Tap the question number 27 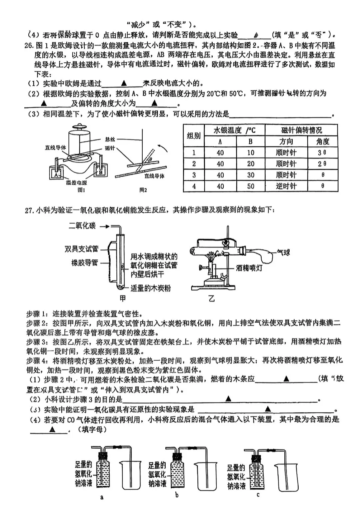pyautogui.click(x=29, y=210)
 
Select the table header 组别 pyautogui.click(x=194, y=135)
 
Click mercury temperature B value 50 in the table pyautogui.click(x=251, y=186)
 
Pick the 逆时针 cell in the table pyautogui.click(x=286, y=186)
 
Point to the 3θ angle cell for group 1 pyautogui.click(x=322, y=153)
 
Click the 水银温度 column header pyautogui.click(x=234, y=130)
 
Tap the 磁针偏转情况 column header pyautogui.click(x=301, y=130)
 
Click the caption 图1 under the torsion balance pyautogui.click(x=81, y=190)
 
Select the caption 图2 pyautogui.click(x=143, y=190)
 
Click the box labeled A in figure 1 pyautogui.click(x=56, y=174)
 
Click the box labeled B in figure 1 pyautogui.click(x=100, y=172)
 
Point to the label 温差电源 pyautogui.click(x=76, y=182)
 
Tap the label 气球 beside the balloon pyautogui.click(x=283, y=252)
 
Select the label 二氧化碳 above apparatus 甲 pyautogui.click(x=82, y=226)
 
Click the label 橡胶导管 pyautogui.click(x=85, y=263)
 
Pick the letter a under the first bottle pyautogui.click(x=102, y=497)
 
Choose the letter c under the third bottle pyautogui.click(x=258, y=495)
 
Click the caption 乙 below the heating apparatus pyautogui.click(x=211, y=299)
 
